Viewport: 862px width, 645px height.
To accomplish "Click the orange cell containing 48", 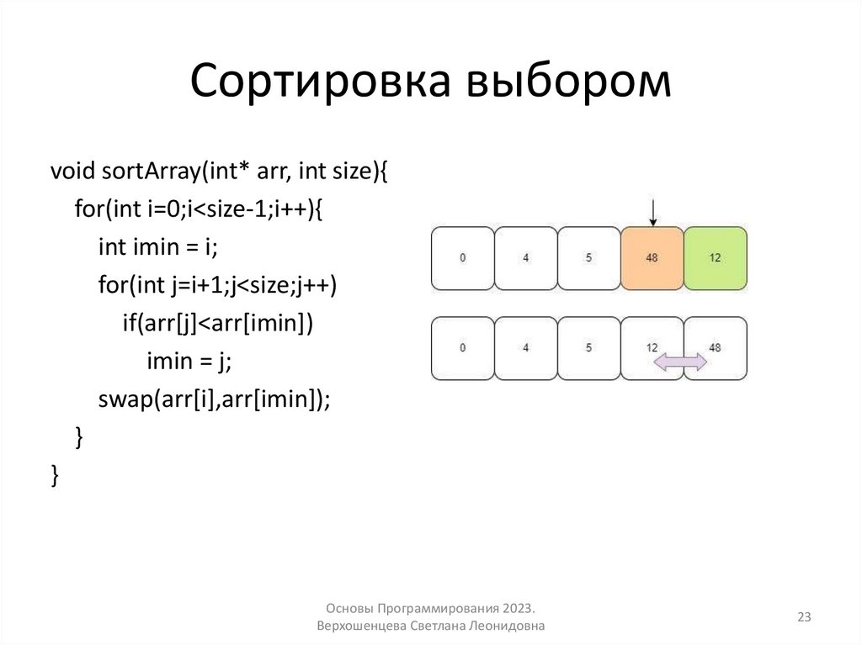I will click(x=652, y=257).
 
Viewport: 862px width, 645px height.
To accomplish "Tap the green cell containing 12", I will click(x=715, y=257).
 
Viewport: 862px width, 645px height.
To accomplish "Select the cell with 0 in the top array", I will click(x=462, y=257).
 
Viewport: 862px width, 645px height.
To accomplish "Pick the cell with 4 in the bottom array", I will click(x=525, y=347).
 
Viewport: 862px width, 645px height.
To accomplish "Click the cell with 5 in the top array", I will click(x=588, y=257).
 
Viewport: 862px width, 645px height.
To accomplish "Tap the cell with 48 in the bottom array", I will click(x=715, y=347).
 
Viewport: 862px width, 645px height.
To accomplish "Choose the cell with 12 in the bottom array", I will click(x=652, y=346).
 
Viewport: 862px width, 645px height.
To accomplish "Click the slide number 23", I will click(x=804, y=617).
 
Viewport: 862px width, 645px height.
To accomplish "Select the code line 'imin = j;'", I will click(x=189, y=361).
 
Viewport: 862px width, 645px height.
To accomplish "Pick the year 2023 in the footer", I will click(x=516, y=607).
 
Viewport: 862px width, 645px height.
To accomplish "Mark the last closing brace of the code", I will click(x=55, y=474).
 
